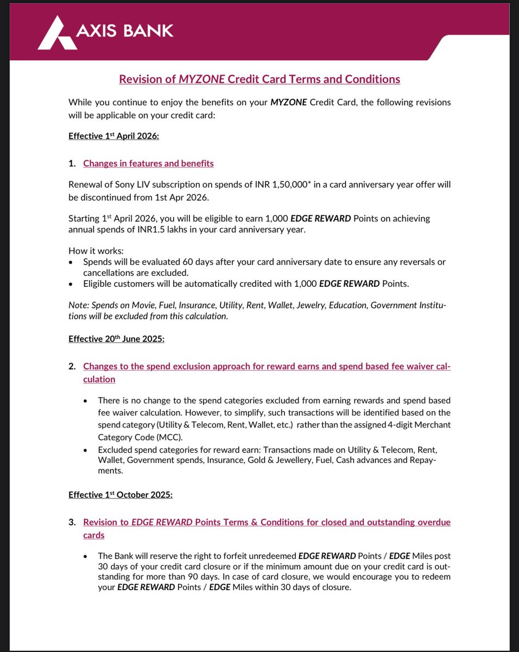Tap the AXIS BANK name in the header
[x=124, y=31]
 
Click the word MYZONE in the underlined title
[x=203, y=79]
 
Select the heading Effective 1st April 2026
[x=113, y=136]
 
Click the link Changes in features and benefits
[x=148, y=164]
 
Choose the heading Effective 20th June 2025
[x=116, y=339]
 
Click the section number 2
[x=72, y=366]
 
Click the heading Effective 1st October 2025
[x=120, y=495]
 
